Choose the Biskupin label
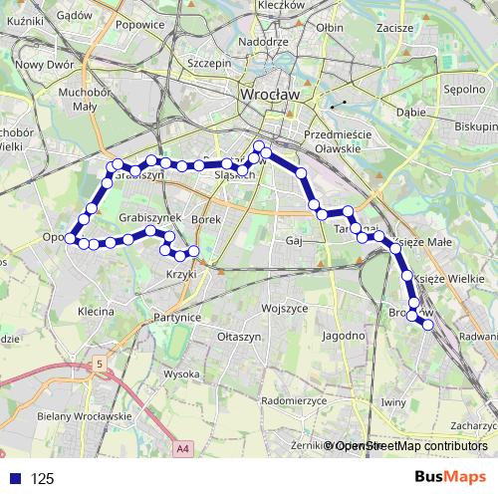coord(476,127)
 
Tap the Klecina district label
coord(95,312)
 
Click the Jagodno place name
coord(344,336)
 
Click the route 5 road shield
coord(99,366)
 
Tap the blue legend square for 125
coord(12,478)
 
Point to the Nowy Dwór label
coord(28,65)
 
